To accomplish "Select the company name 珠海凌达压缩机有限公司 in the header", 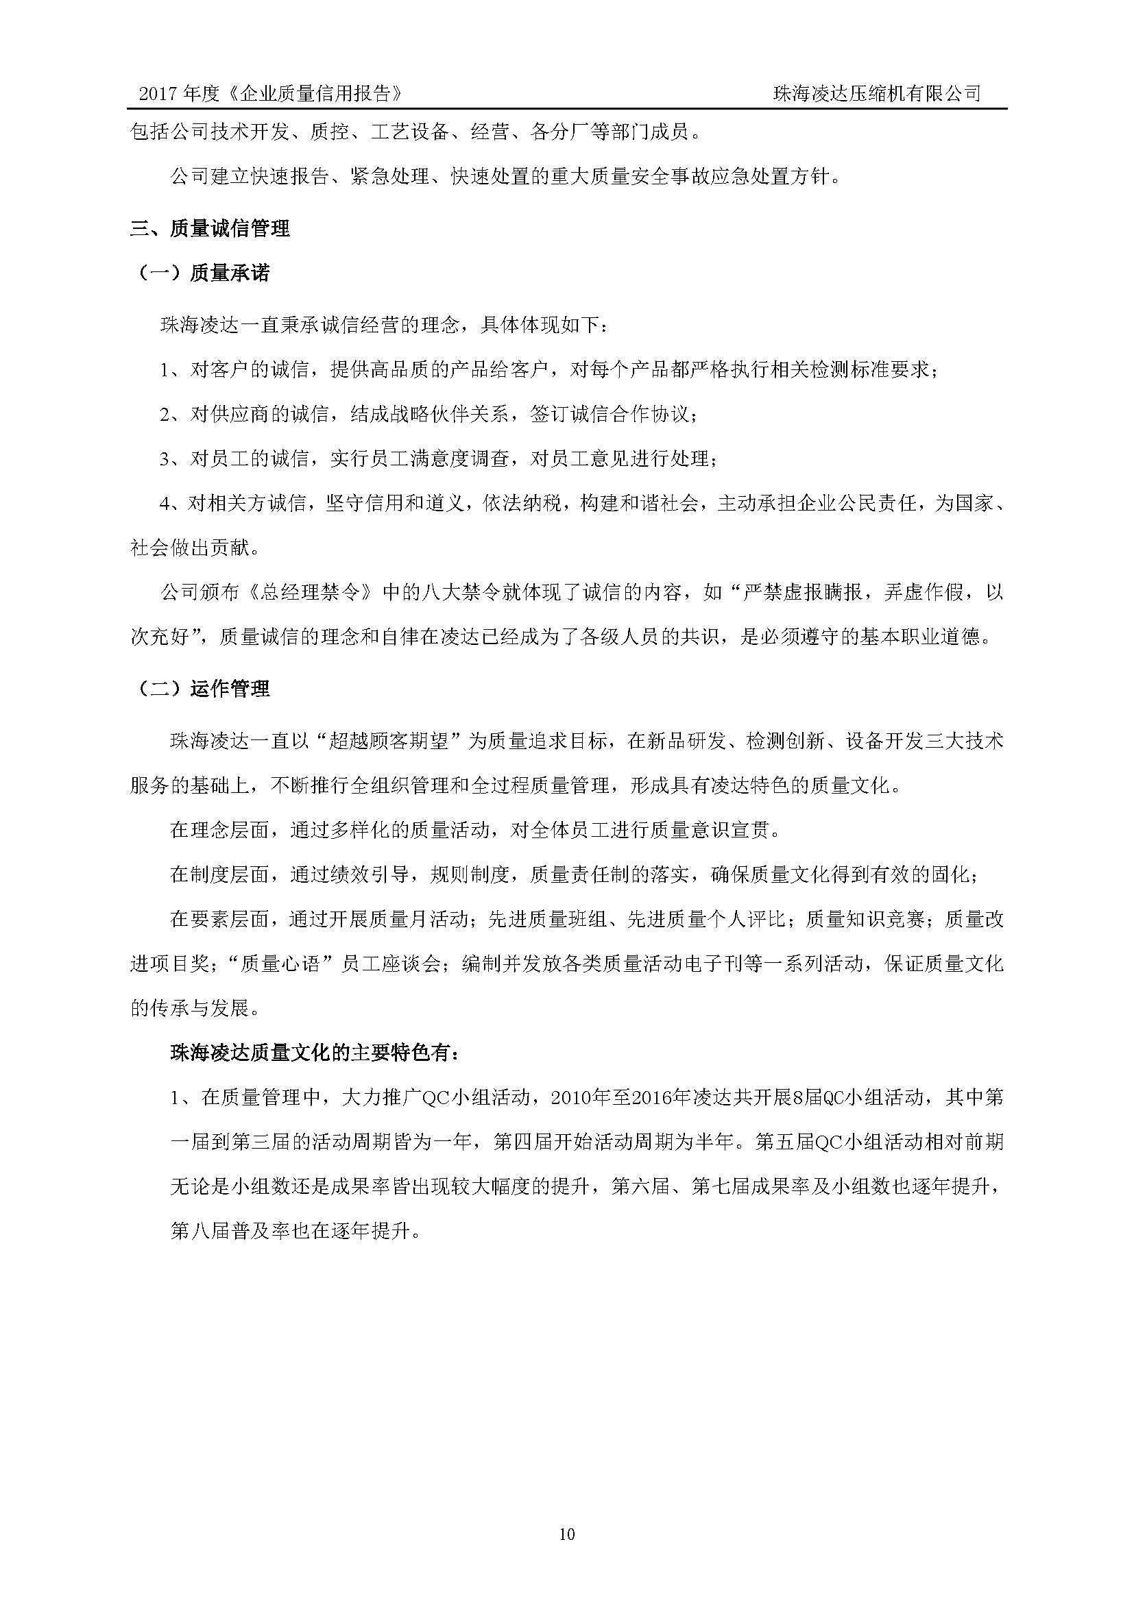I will (876, 94).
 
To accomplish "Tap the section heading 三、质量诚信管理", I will (210, 228).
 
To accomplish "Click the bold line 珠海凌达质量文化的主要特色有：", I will (314, 1053).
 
